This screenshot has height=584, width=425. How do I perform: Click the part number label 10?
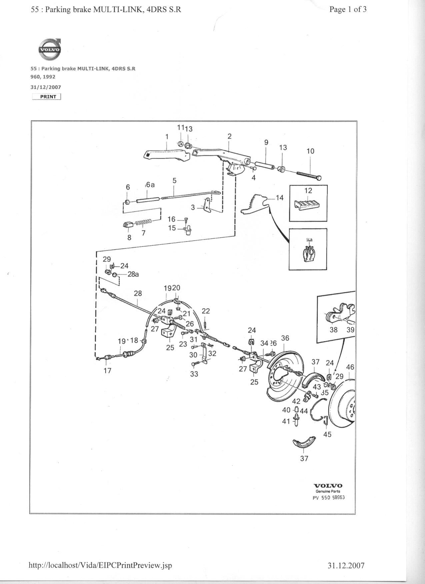[x=310, y=151]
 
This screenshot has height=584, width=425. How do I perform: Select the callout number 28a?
[x=133, y=274]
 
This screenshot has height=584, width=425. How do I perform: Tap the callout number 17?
[x=107, y=370]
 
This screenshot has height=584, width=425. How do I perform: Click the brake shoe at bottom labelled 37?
[x=304, y=444]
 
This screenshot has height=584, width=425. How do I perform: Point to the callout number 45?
[x=327, y=434]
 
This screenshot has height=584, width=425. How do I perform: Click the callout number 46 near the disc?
[x=350, y=367]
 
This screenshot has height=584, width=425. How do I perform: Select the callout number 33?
[x=194, y=374]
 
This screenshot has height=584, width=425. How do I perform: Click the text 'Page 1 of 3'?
[x=348, y=9]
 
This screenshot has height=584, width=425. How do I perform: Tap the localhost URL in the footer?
[x=100, y=565]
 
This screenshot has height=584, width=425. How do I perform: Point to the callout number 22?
[x=206, y=311]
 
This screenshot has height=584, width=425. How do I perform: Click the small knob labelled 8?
[x=128, y=225]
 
